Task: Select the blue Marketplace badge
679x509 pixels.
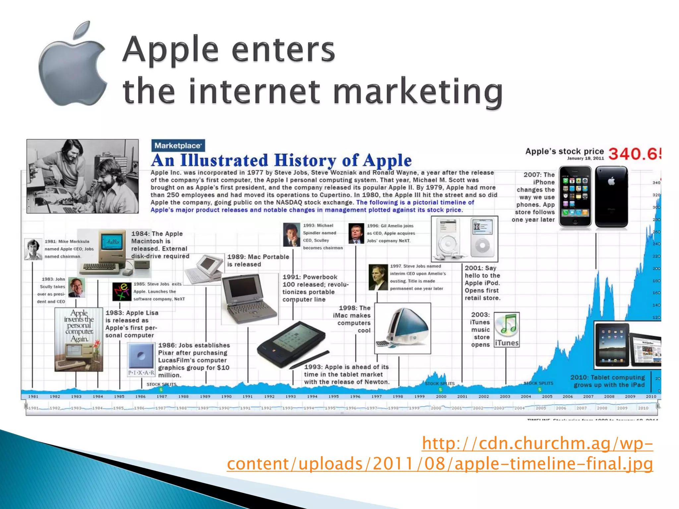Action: [178, 145]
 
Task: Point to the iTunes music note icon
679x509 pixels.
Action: [507, 325]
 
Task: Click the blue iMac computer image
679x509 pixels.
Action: [402, 328]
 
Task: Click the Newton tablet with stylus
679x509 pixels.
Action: [292, 345]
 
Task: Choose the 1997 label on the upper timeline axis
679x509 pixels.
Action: [376, 396]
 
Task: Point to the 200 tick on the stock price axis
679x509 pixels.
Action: [656, 268]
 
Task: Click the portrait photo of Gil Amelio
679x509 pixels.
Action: [356, 233]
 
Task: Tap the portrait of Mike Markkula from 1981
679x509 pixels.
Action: [33, 249]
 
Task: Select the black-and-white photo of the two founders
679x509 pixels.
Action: [83, 176]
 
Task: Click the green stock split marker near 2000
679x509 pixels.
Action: [440, 390]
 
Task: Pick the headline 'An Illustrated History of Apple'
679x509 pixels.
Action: [281, 160]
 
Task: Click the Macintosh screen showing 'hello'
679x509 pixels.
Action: [113, 242]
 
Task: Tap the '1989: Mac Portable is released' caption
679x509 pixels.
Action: [258, 260]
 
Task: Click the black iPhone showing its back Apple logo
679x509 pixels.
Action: [611, 197]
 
